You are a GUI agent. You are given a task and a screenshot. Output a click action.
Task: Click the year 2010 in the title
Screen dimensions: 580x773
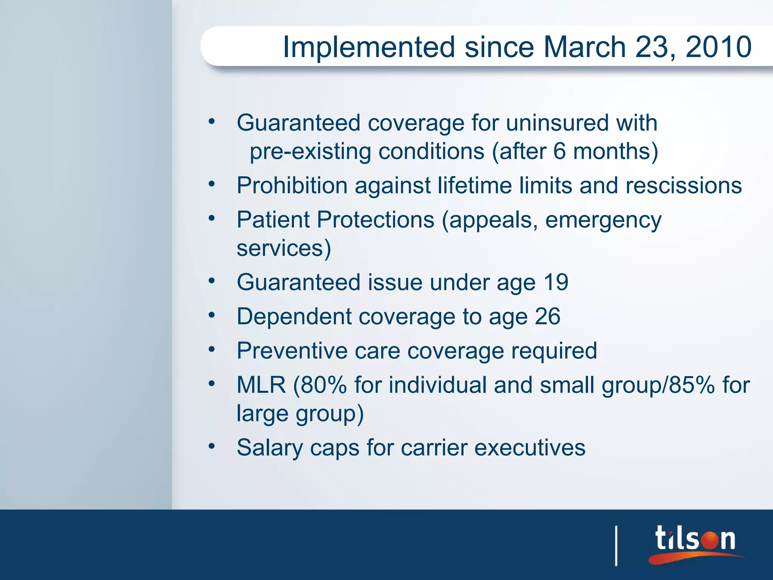[718, 47]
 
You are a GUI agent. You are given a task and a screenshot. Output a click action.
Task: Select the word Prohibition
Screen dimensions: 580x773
[292, 185]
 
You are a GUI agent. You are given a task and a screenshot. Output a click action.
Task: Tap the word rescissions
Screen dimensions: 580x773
[684, 185]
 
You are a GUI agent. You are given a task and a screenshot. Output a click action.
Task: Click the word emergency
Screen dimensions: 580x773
[603, 220]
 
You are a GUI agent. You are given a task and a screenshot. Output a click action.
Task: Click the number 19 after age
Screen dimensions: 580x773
[556, 282]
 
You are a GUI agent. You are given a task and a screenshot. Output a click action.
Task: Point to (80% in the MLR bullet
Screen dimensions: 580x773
[320, 385]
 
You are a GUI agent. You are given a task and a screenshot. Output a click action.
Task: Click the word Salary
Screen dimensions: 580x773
[269, 447]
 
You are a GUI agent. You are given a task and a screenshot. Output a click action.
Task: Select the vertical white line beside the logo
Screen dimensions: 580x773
[616, 546]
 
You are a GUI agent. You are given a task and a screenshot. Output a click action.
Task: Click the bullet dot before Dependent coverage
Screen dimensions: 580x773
[212, 315]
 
